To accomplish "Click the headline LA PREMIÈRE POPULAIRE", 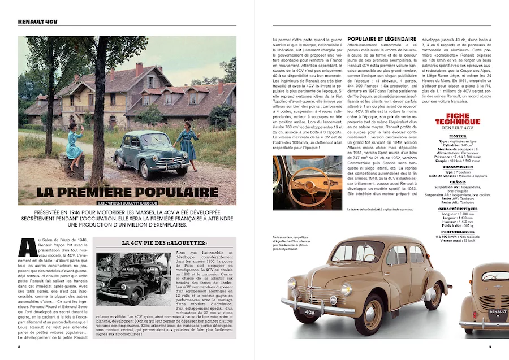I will pyautogui.click(x=127, y=192).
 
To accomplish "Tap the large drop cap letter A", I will pyautogui.click(x=25, y=248).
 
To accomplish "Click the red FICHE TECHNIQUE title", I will pyautogui.click(x=458, y=120).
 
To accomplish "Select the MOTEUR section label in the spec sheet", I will pyautogui.click(x=458, y=136).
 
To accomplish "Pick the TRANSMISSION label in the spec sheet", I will pyautogui.click(x=458, y=167).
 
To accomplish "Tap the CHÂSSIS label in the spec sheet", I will pyautogui.click(x=458, y=181).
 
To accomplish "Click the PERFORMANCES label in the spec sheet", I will pyautogui.click(x=458, y=231).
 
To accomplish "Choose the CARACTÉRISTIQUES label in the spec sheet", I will pyautogui.click(x=458, y=209).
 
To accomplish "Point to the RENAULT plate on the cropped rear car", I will pyautogui.click(x=498, y=311).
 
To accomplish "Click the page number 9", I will pyautogui.click(x=490, y=346).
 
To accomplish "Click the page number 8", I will pyautogui.click(x=19, y=346).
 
